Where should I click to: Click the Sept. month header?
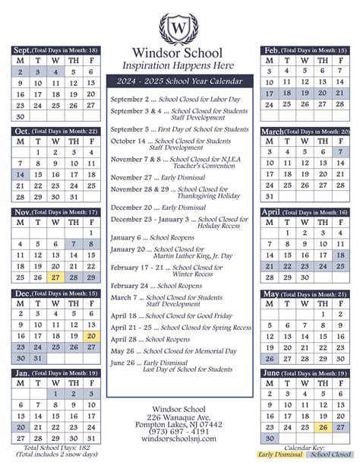coord(24,50)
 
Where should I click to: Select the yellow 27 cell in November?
coord(55,277)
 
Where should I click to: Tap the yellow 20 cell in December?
coord(91,335)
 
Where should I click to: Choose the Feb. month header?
coord(271,50)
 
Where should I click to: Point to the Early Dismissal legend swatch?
coord(279,455)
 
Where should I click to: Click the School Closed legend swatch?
coord(327,455)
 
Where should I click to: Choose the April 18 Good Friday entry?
coord(172,315)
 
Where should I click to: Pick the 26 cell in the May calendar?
coord(268,359)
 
